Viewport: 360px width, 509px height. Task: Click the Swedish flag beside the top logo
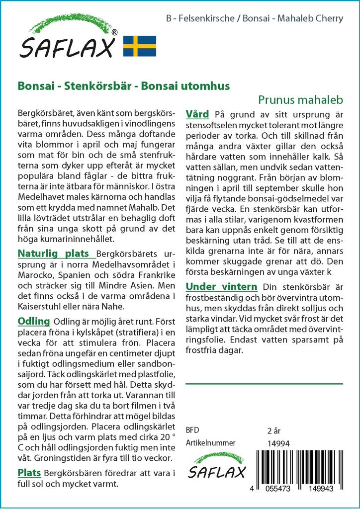coord(139,46)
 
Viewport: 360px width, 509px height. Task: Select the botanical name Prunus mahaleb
coord(301,99)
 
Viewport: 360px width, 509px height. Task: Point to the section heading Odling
coord(33,321)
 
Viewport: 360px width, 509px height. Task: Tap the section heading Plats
coord(29,472)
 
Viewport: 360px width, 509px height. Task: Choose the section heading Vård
coord(197,114)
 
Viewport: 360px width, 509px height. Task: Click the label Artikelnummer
coord(210,443)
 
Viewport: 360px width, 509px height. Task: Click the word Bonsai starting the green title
coord(34,85)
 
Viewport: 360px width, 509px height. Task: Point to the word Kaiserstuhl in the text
coord(39,307)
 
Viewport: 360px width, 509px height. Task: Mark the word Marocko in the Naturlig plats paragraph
coord(35,275)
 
